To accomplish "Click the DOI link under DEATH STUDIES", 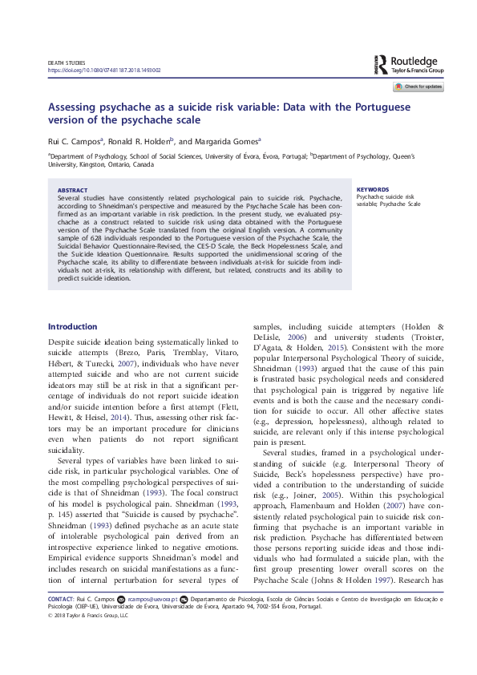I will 104,71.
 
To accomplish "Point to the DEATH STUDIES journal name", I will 67,63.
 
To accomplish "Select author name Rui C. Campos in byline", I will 74,139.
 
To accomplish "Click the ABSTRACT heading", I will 73,190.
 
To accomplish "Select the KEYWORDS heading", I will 373,190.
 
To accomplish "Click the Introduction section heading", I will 72,327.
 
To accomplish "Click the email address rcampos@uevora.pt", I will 152,621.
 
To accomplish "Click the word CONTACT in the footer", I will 61,621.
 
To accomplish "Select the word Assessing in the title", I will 73,107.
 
